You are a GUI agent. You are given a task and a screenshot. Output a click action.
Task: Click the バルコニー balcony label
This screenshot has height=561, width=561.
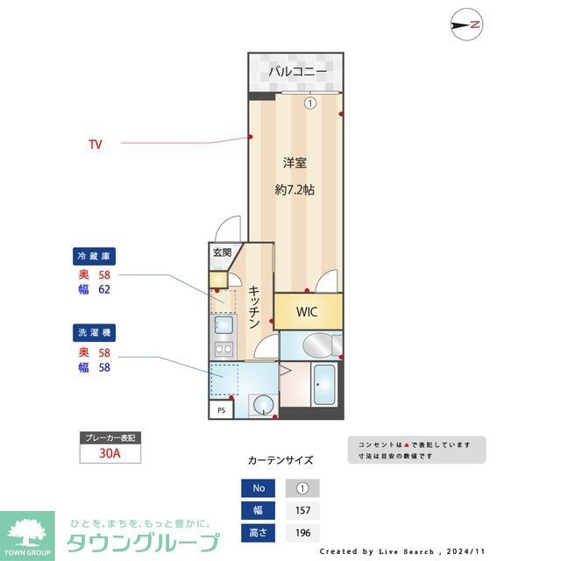(297, 70)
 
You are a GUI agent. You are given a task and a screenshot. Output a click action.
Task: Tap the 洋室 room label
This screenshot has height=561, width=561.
(294, 162)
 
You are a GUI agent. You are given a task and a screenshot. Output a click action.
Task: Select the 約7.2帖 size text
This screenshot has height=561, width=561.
(295, 189)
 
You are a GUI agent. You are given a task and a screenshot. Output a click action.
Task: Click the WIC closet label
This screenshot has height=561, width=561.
(306, 312)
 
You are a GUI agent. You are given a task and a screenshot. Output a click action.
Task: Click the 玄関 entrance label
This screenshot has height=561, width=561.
(222, 253)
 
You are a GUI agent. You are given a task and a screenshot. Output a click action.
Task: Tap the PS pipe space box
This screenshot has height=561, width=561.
(220, 409)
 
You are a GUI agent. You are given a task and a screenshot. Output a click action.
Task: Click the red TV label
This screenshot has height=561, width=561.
(95, 144)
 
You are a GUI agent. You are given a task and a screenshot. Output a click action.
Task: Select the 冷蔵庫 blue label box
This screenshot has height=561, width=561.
(94, 257)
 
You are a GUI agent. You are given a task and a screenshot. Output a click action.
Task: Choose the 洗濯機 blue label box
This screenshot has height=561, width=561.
(94, 333)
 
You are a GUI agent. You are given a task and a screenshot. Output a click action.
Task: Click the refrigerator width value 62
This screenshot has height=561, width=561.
(103, 289)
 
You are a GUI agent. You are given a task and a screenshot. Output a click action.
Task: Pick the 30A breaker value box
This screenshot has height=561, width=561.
(109, 453)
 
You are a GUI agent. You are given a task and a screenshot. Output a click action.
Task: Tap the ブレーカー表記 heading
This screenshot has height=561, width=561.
(109, 437)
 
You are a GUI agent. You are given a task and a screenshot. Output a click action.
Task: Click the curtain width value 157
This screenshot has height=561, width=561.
(302, 510)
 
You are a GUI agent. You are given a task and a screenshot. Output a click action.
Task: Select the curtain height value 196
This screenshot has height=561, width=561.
(302, 532)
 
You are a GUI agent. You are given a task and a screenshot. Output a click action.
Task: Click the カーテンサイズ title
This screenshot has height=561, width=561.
(280, 459)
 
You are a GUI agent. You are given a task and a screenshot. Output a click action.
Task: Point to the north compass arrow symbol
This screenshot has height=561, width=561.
(465, 25)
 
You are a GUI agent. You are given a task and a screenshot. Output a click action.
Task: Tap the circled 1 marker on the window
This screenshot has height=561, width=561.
(309, 103)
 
